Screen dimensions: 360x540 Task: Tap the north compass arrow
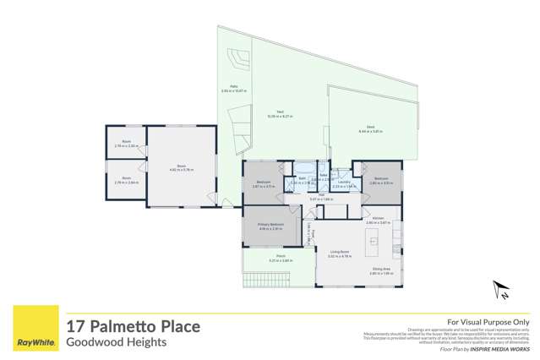coord(499,292)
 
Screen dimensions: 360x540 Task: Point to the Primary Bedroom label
coord(270,224)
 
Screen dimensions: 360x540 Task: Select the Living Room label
coord(340,251)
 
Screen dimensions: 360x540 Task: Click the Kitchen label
coord(378,219)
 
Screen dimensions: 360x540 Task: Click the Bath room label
coord(303,179)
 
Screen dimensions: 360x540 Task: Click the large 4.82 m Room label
coord(181,166)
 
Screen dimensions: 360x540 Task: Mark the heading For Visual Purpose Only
coord(488,322)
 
